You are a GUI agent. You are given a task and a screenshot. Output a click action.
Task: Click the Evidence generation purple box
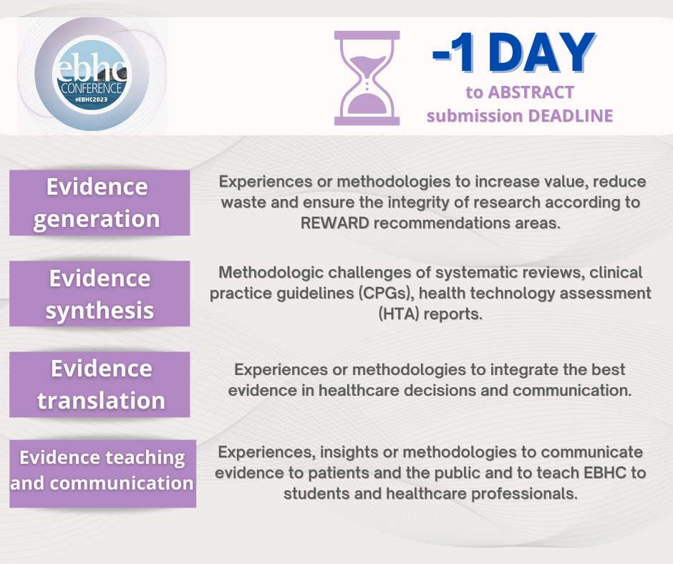tap(99, 203)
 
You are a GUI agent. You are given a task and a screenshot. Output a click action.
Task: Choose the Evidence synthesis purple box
tap(99, 293)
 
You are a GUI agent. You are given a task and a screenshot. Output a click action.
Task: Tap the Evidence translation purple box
tap(99, 384)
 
